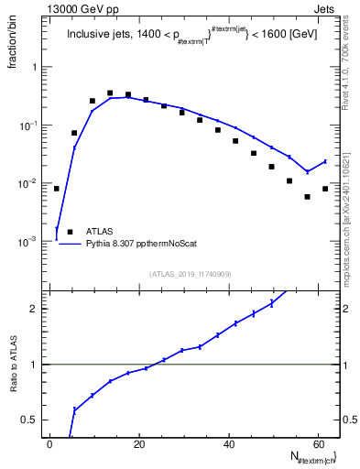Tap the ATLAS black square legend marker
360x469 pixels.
click(70, 233)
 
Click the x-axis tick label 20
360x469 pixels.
click(139, 443)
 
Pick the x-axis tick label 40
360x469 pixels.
click(228, 443)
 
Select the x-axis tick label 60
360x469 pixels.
click(317, 443)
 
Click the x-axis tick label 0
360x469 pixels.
click(50, 443)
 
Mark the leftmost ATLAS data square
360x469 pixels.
click(57, 189)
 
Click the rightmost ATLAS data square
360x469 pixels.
click(325, 189)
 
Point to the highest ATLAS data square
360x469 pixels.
click(110, 93)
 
